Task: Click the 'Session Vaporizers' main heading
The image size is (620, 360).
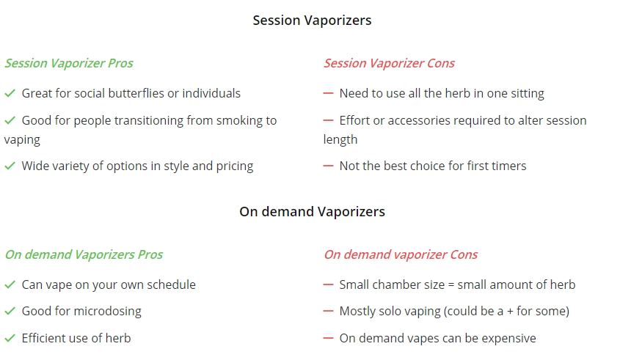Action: [x=312, y=20]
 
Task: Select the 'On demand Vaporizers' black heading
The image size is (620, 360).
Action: [x=312, y=211]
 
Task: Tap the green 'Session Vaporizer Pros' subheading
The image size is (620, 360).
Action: [x=69, y=63]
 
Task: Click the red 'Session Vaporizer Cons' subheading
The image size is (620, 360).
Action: [x=389, y=63]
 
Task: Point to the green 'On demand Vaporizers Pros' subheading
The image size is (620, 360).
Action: [x=84, y=254]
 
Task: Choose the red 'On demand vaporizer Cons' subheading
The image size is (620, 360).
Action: [x=401, y=254]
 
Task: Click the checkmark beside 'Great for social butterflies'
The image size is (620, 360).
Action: [x=10, y=93]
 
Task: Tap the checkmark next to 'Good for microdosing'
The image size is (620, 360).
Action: [x=10, y=312]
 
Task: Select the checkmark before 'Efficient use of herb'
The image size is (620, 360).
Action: [x=10, y=338]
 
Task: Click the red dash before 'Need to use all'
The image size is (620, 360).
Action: [x=328, y=93]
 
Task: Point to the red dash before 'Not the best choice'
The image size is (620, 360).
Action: [x=328, y=166]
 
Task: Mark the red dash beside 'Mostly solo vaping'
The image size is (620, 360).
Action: [x=328, y=312]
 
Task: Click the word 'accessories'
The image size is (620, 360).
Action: [x=419, y=120]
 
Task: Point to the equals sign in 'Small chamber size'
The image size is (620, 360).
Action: [x=451, y=285]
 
